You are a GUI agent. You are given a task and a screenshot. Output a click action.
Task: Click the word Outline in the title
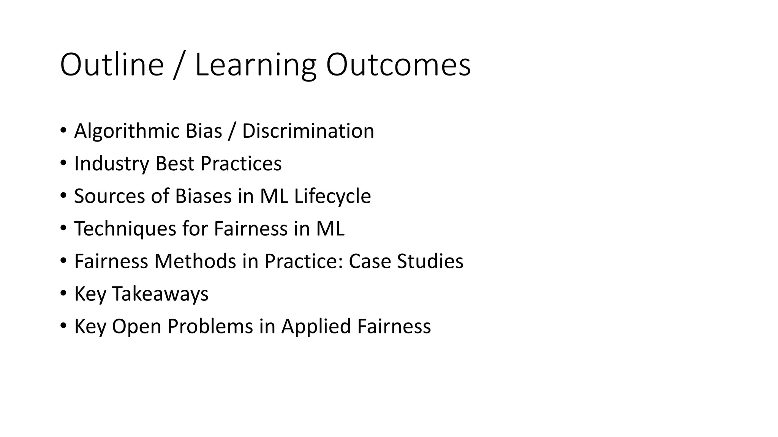112,65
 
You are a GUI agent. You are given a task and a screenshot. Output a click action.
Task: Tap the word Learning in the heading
255,65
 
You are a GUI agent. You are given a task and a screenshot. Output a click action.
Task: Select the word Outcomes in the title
398,65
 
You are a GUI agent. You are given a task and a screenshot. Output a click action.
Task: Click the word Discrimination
308,131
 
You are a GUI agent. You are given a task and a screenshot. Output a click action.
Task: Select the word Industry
112,164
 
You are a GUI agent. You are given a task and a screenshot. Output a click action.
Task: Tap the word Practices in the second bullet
241,164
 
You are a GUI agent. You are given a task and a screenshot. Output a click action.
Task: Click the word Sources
109,196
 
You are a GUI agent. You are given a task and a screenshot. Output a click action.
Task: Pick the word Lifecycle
332,196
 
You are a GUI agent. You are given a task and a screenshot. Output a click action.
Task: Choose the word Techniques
125,229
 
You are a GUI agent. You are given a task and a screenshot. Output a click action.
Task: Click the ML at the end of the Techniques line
330,229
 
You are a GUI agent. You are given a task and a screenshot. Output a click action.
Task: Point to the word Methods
195,262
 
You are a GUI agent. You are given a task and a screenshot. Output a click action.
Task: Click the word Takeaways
160,294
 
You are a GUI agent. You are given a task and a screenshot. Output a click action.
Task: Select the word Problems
210,327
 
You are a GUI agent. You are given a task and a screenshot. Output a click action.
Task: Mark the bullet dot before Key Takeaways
63,293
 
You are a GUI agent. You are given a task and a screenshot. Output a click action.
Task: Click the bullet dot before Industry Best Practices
63,163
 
